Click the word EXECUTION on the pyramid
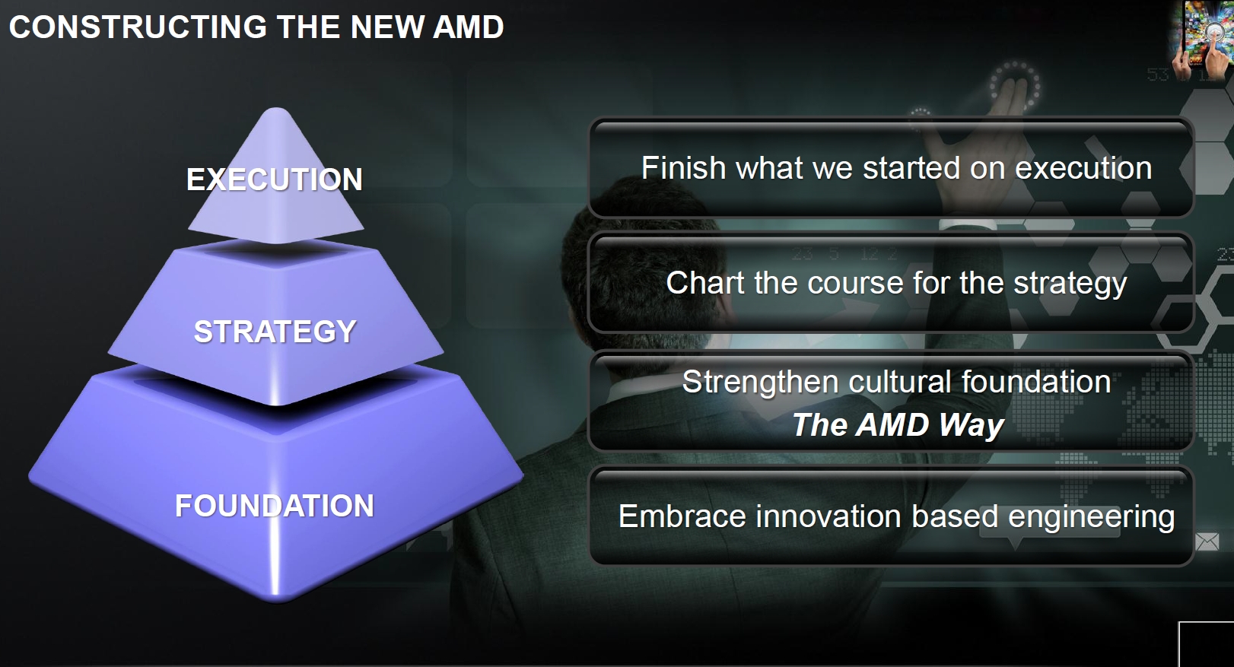pyautogui.click(x=275, y=179)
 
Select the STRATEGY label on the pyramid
pyautogui.click(x=275, y=332)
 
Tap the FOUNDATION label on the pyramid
pyautogui.click(x=275, y=506)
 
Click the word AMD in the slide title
pyautogui.click(x=468, y=27)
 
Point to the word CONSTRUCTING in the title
pyautogui.click(x=138, y=27)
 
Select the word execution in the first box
pyautogui.click(x=1083, y=169)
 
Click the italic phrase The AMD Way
pyautogui.click(x=898, y=425)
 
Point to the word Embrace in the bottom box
pyautogui.click(x=682, y=516)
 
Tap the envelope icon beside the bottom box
pyautogui.click(x=1207, y=542)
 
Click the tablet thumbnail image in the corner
pyautogui.click(x=1203, y=40)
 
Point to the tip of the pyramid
pyautogui.click(x=276, y=109)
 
